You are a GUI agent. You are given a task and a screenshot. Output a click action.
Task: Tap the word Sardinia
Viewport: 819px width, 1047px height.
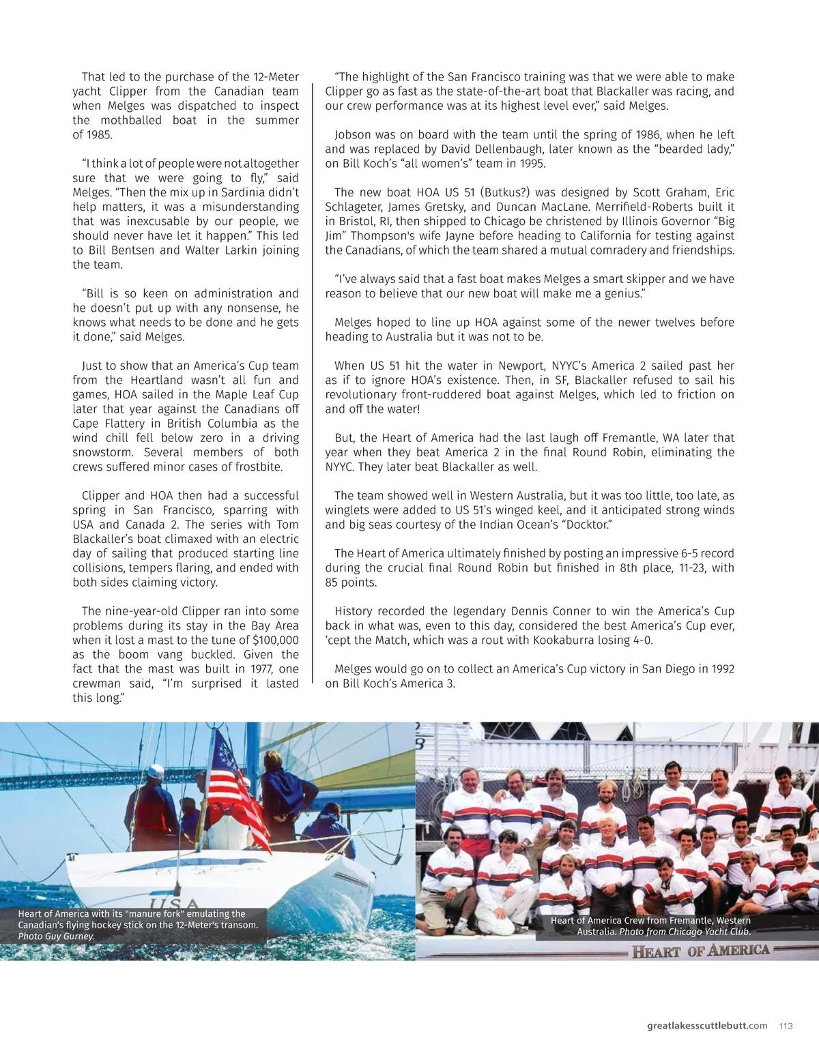tap(235, 192)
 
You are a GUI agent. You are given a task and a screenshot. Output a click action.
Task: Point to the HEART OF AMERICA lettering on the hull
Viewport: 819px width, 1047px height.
tap(701, 952)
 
